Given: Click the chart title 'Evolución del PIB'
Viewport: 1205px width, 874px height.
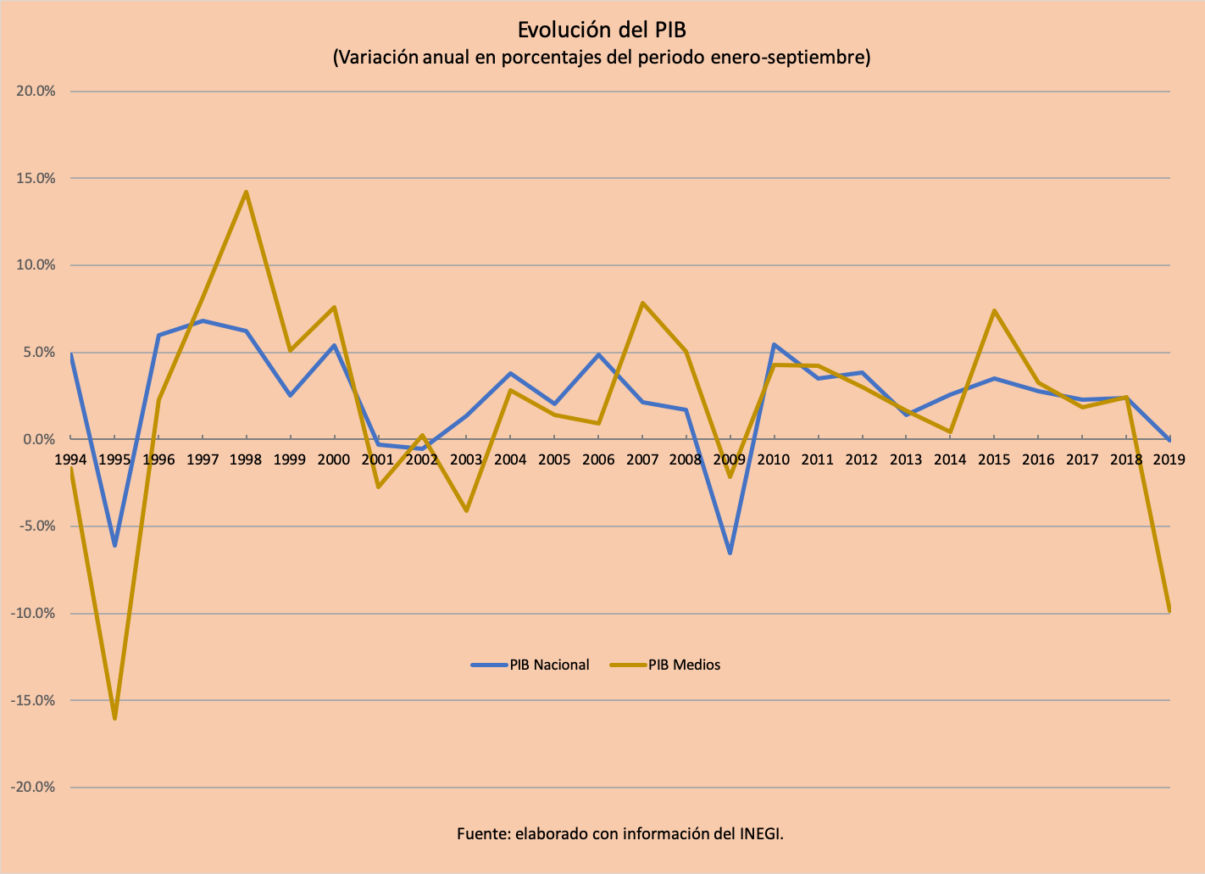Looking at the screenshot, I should tap(602, 30).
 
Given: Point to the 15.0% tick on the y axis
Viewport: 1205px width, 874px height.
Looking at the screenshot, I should tap(35, 178).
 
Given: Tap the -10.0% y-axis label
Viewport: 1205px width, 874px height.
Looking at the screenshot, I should tap(33, 613).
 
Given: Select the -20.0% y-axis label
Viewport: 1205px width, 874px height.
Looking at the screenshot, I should tap(33, 787).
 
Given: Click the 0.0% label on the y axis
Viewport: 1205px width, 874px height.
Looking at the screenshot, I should tap(37, 439).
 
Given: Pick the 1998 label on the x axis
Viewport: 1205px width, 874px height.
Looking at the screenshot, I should tap(246, 459).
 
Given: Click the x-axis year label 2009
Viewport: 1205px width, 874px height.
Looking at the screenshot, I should tap(730, 459).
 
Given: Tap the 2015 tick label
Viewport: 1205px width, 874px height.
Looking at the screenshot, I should tap(994, 459).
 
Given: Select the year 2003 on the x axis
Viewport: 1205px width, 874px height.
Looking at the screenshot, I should tap(466, 459).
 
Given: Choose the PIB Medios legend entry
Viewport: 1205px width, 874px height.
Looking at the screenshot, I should tap(684, 665).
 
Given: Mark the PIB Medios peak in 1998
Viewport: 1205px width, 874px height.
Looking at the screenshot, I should tap(246, 192).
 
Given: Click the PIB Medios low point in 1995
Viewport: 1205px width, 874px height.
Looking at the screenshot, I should tap(114, 718).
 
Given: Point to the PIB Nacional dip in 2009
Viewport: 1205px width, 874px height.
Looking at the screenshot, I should tap(730, 553).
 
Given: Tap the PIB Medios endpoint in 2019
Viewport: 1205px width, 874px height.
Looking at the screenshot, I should tap(1169, 610).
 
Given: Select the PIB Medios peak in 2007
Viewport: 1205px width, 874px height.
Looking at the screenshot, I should tap(642, 303).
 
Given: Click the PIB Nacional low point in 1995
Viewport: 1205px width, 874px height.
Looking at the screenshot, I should tap(114, 545).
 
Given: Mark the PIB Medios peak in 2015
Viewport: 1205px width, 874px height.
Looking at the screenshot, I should tap(994, 311).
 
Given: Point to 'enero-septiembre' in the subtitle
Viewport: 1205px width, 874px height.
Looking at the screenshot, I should tap(800, 58).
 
